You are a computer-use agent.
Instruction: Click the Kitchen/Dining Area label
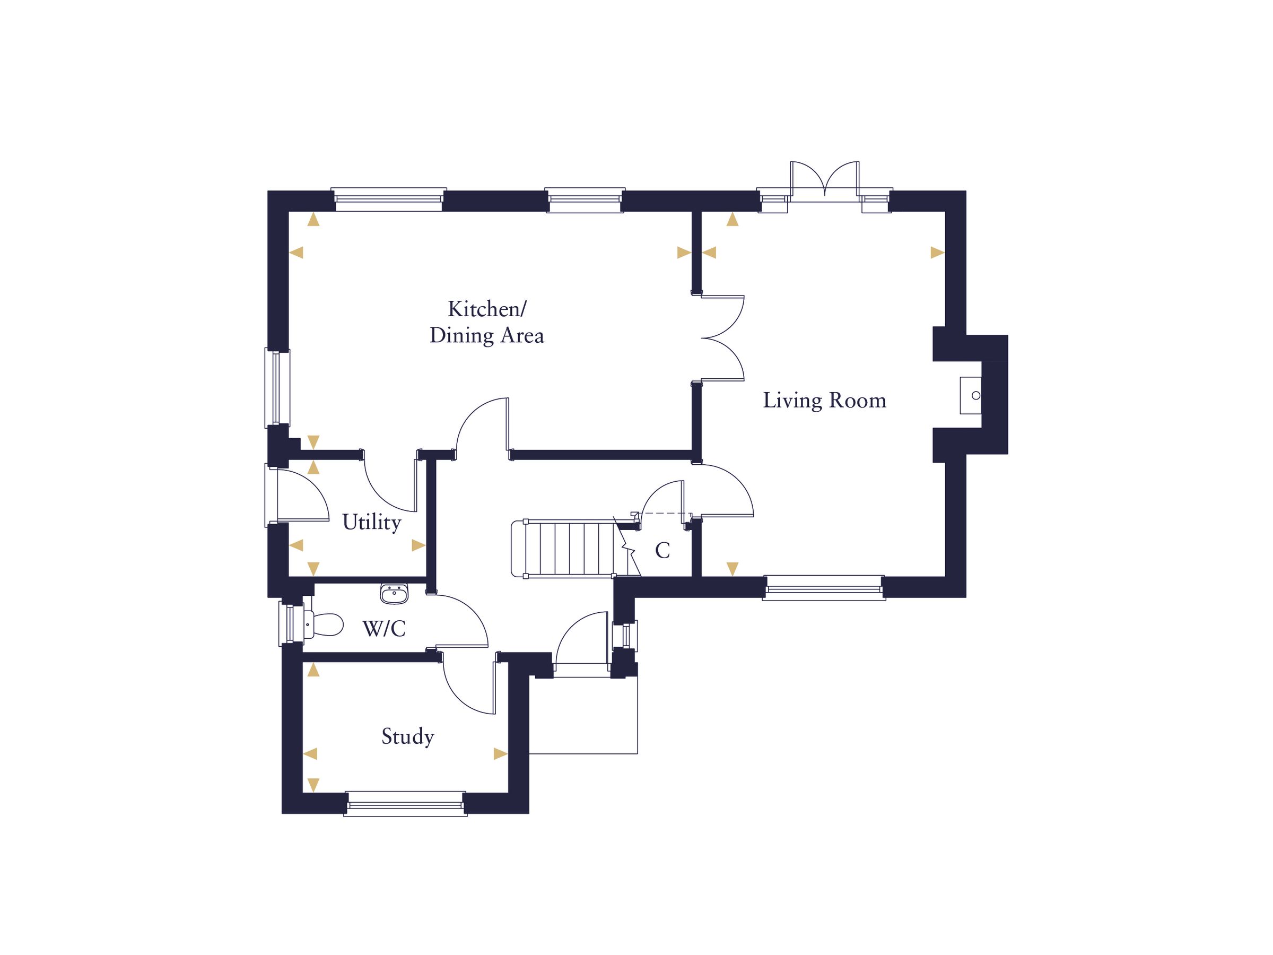click(487, 323)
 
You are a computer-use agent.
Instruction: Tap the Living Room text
click(824, 401)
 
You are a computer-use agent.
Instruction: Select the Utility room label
click(371, 523)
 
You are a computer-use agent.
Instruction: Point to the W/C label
click(383, 629)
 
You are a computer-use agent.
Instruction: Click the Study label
click(407, 736)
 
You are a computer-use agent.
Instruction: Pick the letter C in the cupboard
click(662, 551)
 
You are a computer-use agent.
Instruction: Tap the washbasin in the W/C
click(394, 594)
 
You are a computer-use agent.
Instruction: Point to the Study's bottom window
click(406, 804)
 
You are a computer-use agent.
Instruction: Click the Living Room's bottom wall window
click(824, 588)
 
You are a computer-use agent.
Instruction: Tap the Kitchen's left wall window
click(277, 388)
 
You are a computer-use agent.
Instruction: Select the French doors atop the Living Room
click(825, 181)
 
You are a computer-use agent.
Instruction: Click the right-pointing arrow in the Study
click(500, 753)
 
